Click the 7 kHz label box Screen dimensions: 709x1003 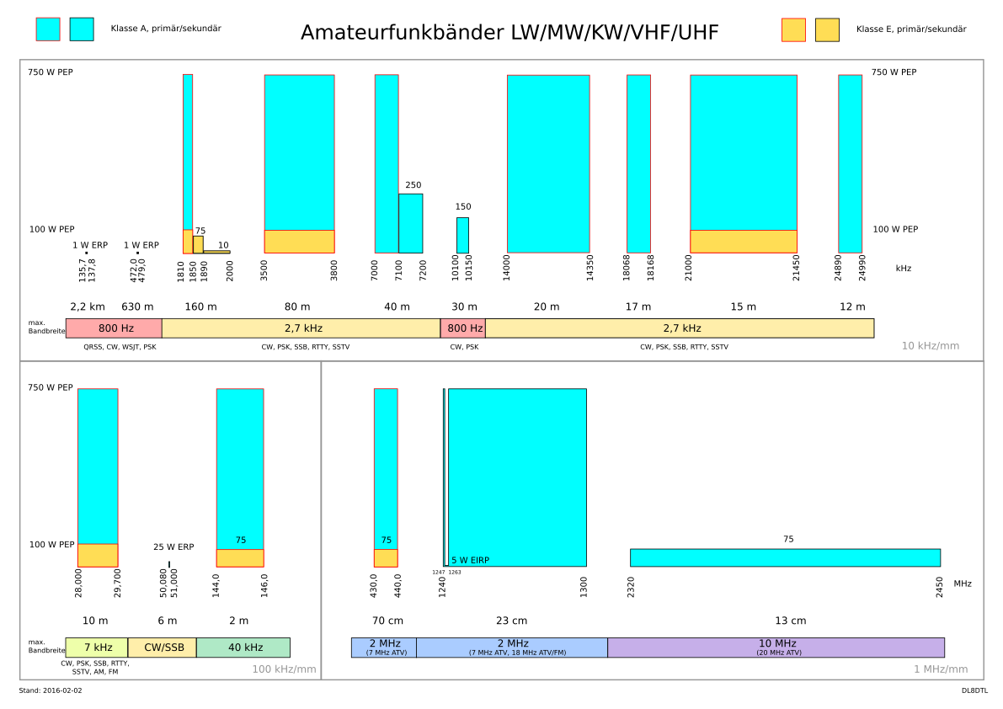coord(97,648)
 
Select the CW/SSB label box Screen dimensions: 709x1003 coord(163,648)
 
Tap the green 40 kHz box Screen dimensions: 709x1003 coord(243,648)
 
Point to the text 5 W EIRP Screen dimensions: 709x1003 coord(470,561)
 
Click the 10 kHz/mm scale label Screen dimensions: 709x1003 coord(930,346)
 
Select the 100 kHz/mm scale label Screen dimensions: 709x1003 coord(284,669)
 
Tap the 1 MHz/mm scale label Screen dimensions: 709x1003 coord(940,669)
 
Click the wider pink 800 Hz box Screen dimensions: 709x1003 coord(115,328)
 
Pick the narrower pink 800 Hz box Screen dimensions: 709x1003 coord(463,328)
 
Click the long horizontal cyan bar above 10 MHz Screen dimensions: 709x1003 coord(785,557)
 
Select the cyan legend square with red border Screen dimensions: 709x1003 coord(48,29)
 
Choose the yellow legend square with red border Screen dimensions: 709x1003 coord(793,30)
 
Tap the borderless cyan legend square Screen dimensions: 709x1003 coord(82,29)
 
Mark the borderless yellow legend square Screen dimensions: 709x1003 coord(827,30)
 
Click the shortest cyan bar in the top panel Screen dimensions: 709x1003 coord(462,236)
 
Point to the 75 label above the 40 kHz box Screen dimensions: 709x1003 coord(241,541)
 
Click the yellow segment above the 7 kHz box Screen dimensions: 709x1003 coord(98,555)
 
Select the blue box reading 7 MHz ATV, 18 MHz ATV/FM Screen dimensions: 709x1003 coord(512,648)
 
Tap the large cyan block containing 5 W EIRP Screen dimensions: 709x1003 coord(517,472)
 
